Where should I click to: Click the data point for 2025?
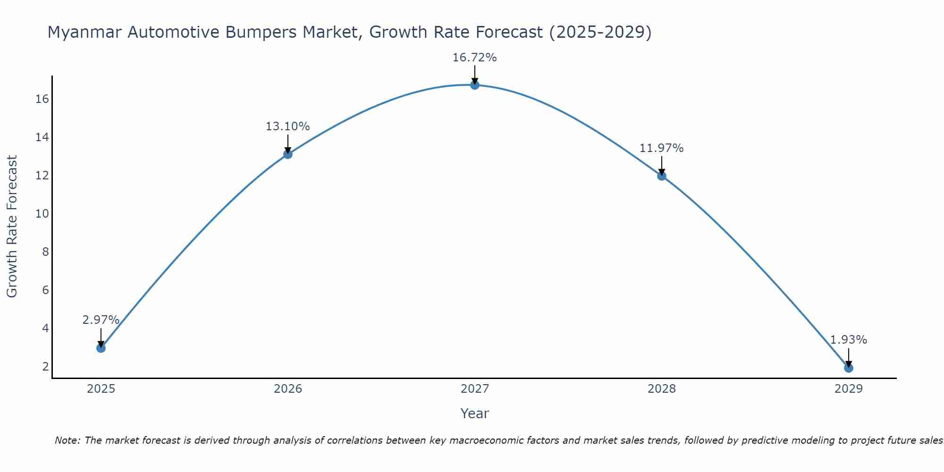(x=101, y=348)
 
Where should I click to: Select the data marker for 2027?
(x=475, y=85)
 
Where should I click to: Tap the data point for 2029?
(x=849, y=368)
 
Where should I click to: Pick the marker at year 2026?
(x=288, y=154)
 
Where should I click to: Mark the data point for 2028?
(x=662, y=176)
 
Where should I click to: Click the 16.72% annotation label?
(x=474, y=58)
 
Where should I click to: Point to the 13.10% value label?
(x=287, y=126)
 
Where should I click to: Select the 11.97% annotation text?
(x=661, y=148)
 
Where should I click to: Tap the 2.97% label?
(x=101, y=320)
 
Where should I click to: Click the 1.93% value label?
(x=848, y=340)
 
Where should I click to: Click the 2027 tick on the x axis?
(x=475, y=389)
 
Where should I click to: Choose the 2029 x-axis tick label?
(x=849, y=389)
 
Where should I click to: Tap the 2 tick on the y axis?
(x=46, y=367)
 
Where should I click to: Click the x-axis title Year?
(x=474, y=413)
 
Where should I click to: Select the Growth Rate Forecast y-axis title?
(x=12, y=227)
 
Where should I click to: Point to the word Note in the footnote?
(x=67, y=440)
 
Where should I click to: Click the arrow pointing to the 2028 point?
(x=662, y=165)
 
